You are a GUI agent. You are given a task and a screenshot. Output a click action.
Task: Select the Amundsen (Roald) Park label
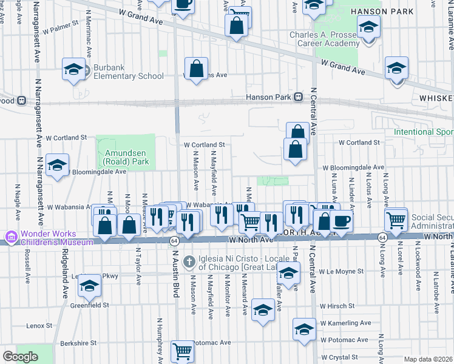coord(126,158)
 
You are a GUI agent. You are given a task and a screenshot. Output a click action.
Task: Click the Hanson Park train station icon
coord(298,97)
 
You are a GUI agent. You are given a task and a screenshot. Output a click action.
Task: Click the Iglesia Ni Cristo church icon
coord(189,261)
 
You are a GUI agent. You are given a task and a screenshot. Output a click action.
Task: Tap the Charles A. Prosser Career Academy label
coord(324,39)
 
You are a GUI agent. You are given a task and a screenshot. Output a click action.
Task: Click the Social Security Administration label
coord(432,222)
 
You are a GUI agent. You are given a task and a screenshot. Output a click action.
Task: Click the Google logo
coord(19,357)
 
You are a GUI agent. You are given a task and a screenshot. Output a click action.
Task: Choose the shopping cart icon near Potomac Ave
coord(182,350)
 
